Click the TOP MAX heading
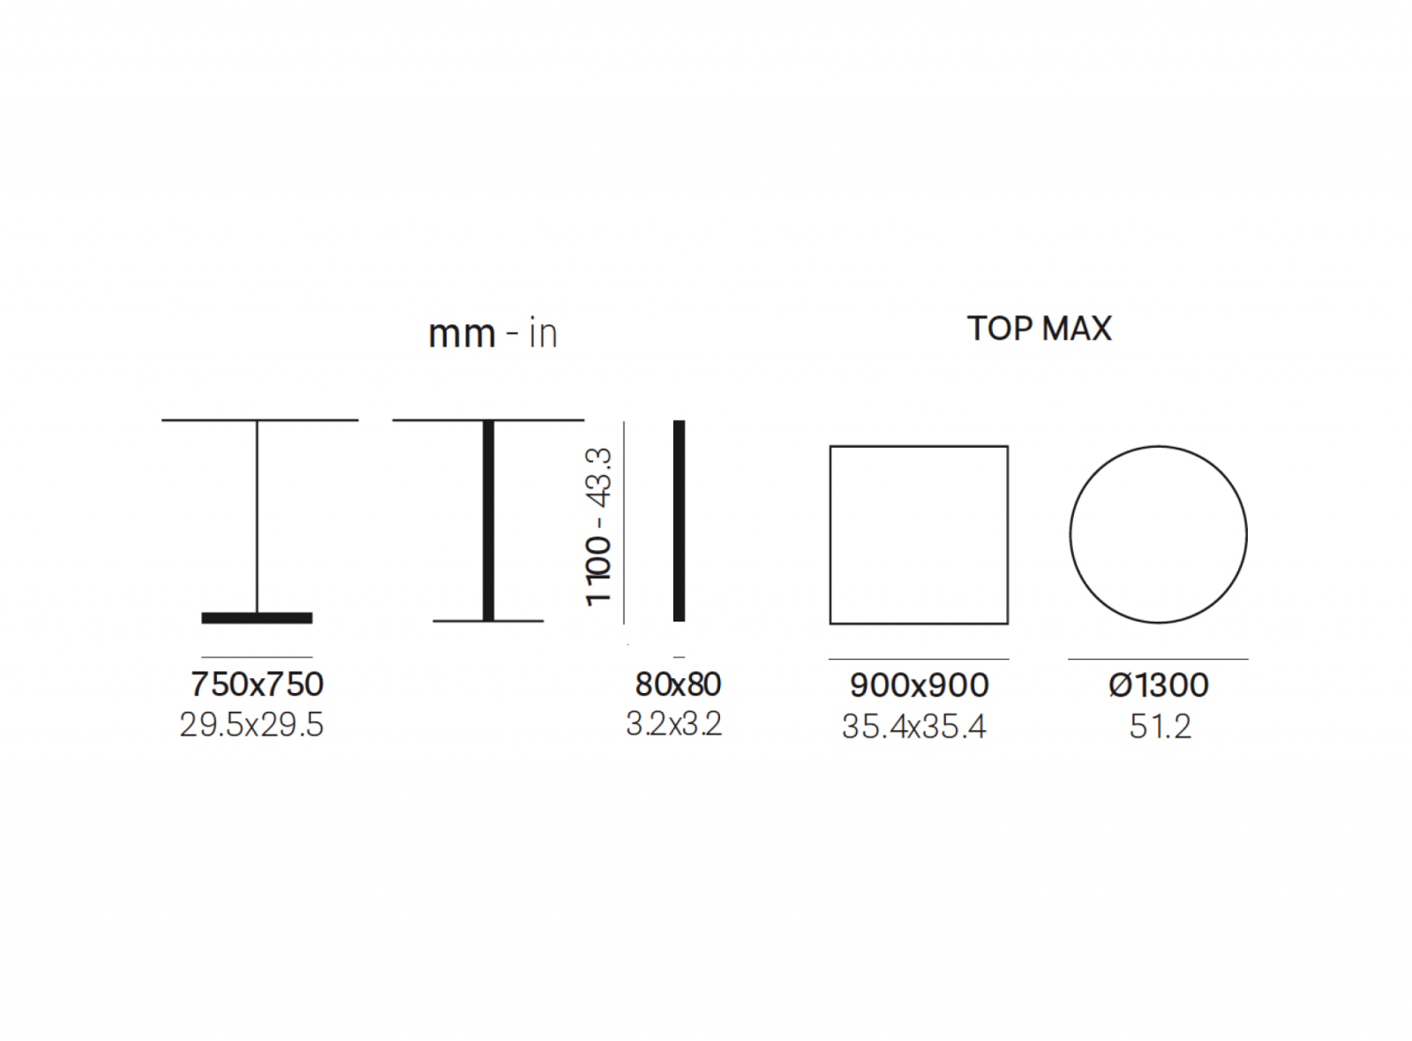[1040, 328]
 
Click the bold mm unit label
[462, 334]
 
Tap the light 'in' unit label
[544, 333]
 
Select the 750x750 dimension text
[257, 684]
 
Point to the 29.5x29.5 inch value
[252, 725]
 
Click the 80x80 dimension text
[679, 684]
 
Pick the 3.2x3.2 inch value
[674, 724]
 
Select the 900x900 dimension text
[919, 685]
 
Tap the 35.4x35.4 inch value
[914, 727]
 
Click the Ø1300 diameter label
[1159, 685]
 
